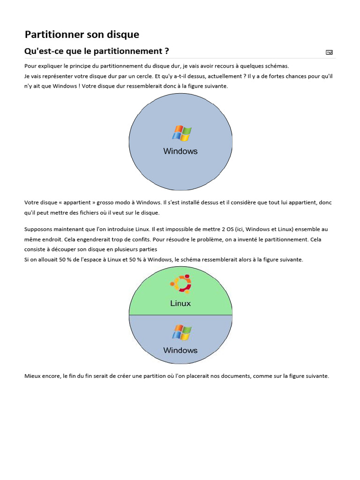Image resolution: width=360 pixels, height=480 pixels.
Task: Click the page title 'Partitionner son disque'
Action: coord(82,34)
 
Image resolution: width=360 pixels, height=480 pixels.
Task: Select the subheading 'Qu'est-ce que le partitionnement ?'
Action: coord(97,51)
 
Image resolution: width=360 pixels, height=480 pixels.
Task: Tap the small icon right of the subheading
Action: coord(329,52)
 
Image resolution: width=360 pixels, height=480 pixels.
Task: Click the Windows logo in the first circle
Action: coord(181,133)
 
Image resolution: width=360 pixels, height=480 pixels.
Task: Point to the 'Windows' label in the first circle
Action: coord(180,151)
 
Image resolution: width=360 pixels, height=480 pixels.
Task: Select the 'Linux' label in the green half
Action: coord(180,303)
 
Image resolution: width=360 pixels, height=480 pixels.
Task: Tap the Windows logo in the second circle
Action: coord(181,333)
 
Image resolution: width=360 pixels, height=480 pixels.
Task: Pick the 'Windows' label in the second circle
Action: coord(180,350)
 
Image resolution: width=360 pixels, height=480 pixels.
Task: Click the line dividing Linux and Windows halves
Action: coord(180,315)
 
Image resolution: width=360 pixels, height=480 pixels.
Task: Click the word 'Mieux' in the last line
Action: coord(32,376)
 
